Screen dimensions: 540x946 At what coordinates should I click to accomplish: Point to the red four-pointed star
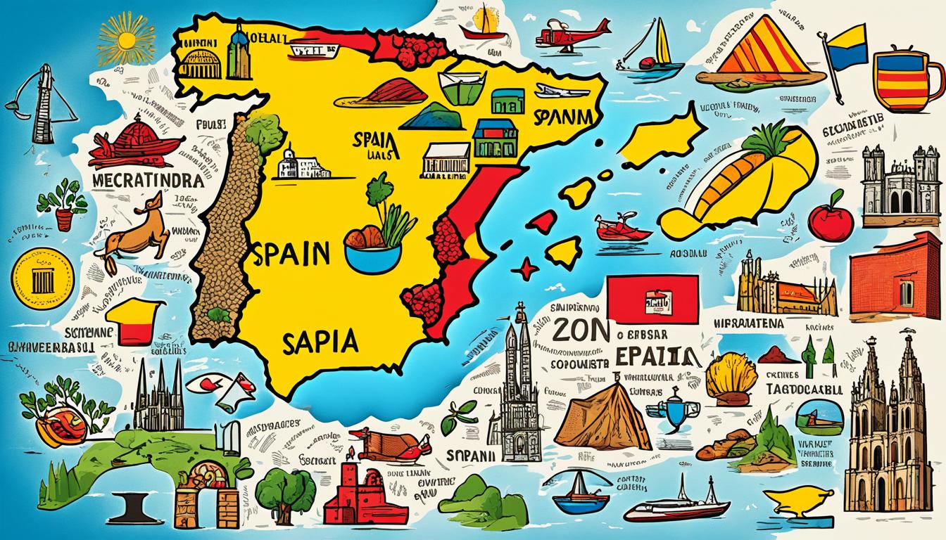[x=525, y=268]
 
